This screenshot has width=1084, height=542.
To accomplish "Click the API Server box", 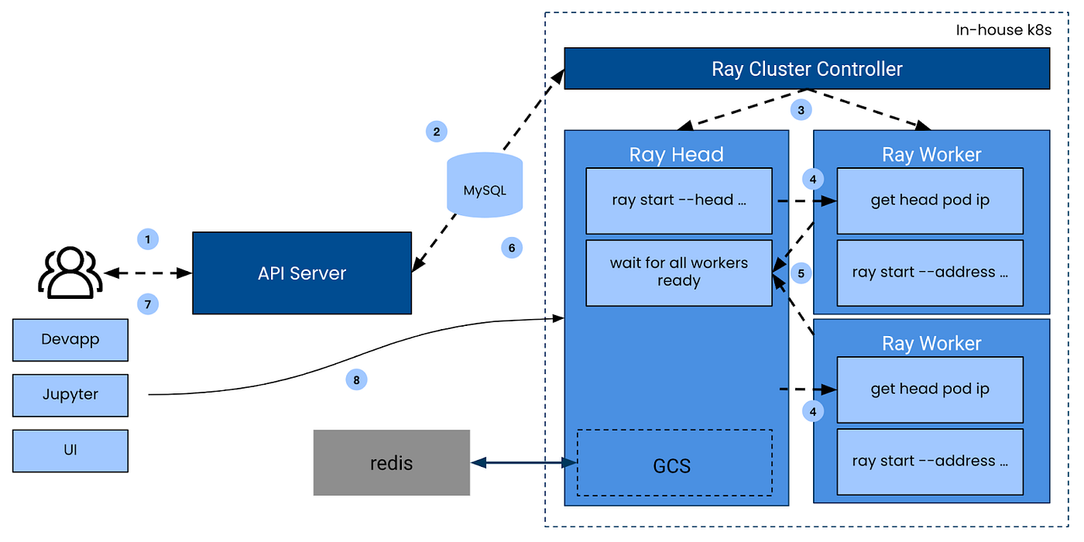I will (302, 273).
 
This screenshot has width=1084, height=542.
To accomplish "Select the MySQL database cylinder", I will (485, 185).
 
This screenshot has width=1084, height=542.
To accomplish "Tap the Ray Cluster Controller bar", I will (807, 69).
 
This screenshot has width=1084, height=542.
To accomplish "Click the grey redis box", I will (392, 463).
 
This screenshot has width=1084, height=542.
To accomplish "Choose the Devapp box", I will (70, 340).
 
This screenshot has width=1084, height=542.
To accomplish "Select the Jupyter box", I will (70, 395).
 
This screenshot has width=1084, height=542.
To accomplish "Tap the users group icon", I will (70, 273).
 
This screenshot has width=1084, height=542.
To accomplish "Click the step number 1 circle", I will (147, 238).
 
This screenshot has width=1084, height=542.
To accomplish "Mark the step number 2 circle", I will (437, 132).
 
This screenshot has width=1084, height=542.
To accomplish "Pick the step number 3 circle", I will (801, 110).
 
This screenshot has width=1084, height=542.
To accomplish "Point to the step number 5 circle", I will (801, 273).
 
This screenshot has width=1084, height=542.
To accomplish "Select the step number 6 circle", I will (511, 248).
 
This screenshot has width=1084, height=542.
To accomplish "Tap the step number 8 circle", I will (356, 379).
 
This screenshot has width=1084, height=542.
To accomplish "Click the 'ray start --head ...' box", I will (679, 201).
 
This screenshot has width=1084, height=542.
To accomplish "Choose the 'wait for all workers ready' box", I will (679, 273).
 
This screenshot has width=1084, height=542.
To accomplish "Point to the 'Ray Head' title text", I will (676, 154).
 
